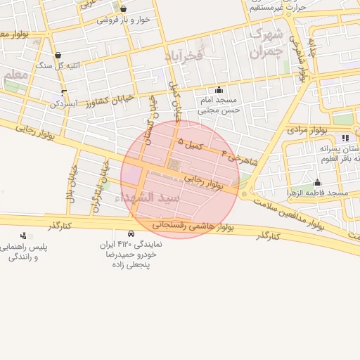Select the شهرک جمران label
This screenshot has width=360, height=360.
click(x=266, y=42)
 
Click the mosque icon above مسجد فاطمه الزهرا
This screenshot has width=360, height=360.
click(x=317, y=183)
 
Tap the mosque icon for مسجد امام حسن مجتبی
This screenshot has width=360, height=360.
click(x=219, y=90)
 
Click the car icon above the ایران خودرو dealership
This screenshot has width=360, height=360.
click(x=131, y=233)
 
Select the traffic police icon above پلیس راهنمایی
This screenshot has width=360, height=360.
click(x=24, y=236)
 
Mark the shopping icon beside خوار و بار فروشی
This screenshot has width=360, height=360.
click(x=124, y=9)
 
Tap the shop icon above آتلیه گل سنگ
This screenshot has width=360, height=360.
click(x=57, y=55)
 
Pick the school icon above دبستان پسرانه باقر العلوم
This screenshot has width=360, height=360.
click(x=345, y=138)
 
